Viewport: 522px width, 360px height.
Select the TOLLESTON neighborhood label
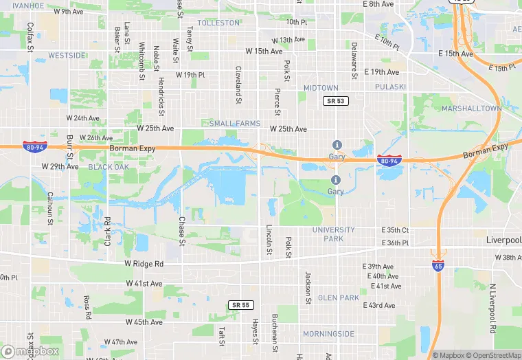point(218,23)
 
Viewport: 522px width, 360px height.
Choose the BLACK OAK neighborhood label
point(109,167)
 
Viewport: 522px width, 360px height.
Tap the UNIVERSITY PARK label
point(333,234)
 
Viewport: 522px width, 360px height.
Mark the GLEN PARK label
point(339,297)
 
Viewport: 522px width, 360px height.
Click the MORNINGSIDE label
point(328,334)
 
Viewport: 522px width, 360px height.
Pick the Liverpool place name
point(503,240)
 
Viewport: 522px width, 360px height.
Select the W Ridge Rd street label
point(144,264)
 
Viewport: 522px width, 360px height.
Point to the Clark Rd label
point(107,232)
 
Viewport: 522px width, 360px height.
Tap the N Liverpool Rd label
point(492,308)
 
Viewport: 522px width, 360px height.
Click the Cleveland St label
point(238,81)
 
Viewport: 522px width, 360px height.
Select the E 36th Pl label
point(395,243)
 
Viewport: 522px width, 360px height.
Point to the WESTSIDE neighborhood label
point(67,55)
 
